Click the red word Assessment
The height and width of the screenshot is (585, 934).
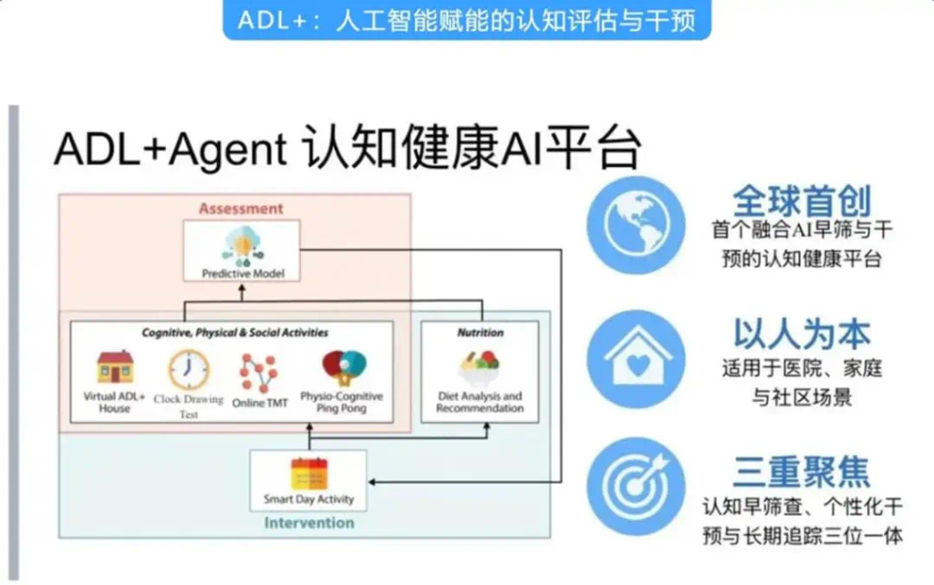point(241,209)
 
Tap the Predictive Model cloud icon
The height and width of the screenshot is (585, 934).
point(242,246)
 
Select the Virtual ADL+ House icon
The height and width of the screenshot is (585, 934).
point(115,367)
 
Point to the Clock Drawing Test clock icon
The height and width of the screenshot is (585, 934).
point(188,370)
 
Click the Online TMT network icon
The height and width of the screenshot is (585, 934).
point(258,373)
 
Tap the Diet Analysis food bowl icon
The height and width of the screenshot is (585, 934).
point(480,369)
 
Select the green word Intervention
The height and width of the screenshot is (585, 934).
point(308,523)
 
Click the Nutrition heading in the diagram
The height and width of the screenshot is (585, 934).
point(480,333)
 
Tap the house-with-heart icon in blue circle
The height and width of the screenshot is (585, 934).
point(636,359)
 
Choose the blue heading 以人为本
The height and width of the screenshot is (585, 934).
point(802,334)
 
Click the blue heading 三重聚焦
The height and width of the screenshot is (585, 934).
point(802,471)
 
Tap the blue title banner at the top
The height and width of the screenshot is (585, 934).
point(466,20)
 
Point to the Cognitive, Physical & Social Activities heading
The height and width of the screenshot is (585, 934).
point(234,333)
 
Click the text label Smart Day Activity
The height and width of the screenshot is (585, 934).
point(308,499)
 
